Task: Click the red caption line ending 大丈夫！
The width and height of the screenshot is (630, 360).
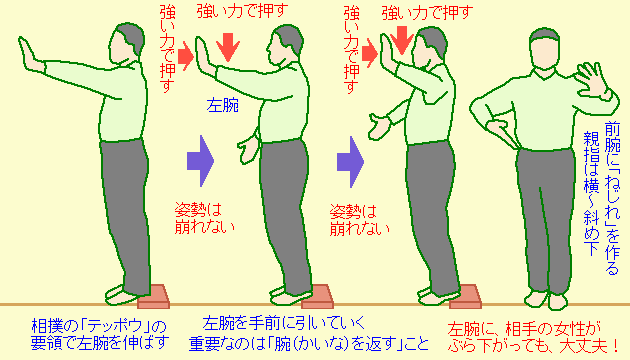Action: click(525, 344)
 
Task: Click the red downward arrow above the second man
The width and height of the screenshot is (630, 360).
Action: click(229, 44)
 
